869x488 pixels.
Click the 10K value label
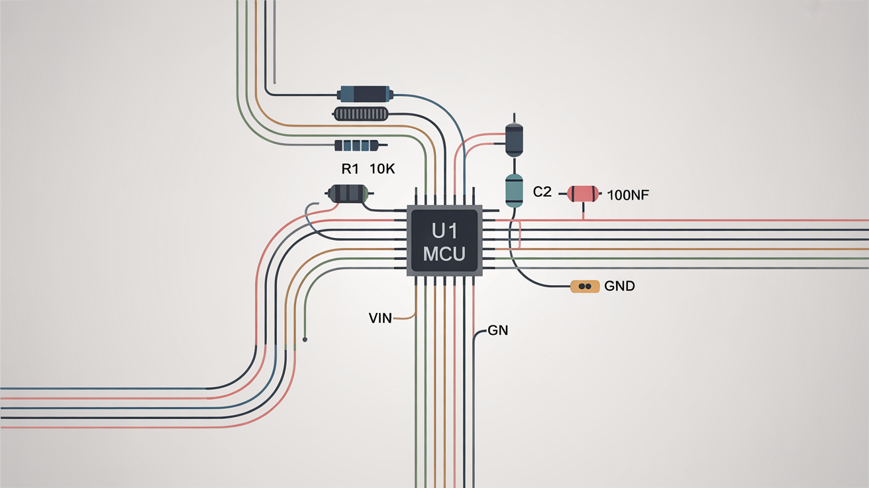382,169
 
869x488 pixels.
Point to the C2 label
542,193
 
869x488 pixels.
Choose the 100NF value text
627,194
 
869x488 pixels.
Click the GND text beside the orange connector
620,286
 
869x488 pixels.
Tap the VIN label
380,318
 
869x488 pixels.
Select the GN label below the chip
497,330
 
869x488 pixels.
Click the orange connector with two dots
585,286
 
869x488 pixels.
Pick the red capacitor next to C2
583,194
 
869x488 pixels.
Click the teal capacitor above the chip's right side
514,190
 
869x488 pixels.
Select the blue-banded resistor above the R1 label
356,145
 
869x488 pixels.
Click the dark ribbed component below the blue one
360,114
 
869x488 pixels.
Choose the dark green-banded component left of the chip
348,193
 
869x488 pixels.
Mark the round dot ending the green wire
305,339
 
